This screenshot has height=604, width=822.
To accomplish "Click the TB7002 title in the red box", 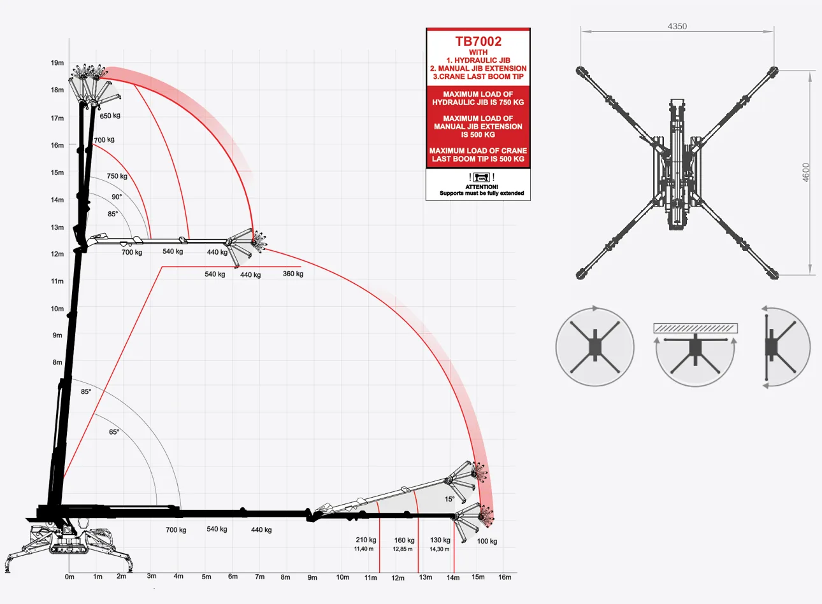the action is (478, 41).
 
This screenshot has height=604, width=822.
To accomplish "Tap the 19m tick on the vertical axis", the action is (57, 62).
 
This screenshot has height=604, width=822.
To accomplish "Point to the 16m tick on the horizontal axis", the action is (505, 577).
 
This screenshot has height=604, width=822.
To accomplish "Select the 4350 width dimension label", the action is (677, 26).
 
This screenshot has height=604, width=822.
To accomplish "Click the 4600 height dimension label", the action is (805, 172).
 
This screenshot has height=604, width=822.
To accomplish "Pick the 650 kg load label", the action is (110, 116).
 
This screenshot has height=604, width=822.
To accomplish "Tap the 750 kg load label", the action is (117, 176).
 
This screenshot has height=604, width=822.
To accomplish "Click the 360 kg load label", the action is (293, 274).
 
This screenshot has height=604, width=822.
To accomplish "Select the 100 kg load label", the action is (487, 542).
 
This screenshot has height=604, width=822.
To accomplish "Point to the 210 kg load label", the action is (366, 540).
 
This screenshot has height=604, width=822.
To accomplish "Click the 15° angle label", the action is (449, 499).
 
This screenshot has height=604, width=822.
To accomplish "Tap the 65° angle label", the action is (114, 432).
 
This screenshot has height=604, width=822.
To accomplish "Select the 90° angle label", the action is (117, 197).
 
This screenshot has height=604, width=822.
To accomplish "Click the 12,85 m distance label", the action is (403, 549).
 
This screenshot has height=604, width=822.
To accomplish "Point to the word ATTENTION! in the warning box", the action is (482, 187).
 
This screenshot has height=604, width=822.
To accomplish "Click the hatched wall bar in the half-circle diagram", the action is (695, 328).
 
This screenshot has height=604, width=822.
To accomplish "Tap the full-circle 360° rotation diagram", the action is (595, 347).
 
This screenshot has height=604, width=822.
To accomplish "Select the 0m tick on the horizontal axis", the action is (69, 577).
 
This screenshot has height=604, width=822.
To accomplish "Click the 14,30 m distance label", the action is (439, 549).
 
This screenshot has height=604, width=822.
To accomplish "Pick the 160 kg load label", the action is (405, 540).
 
